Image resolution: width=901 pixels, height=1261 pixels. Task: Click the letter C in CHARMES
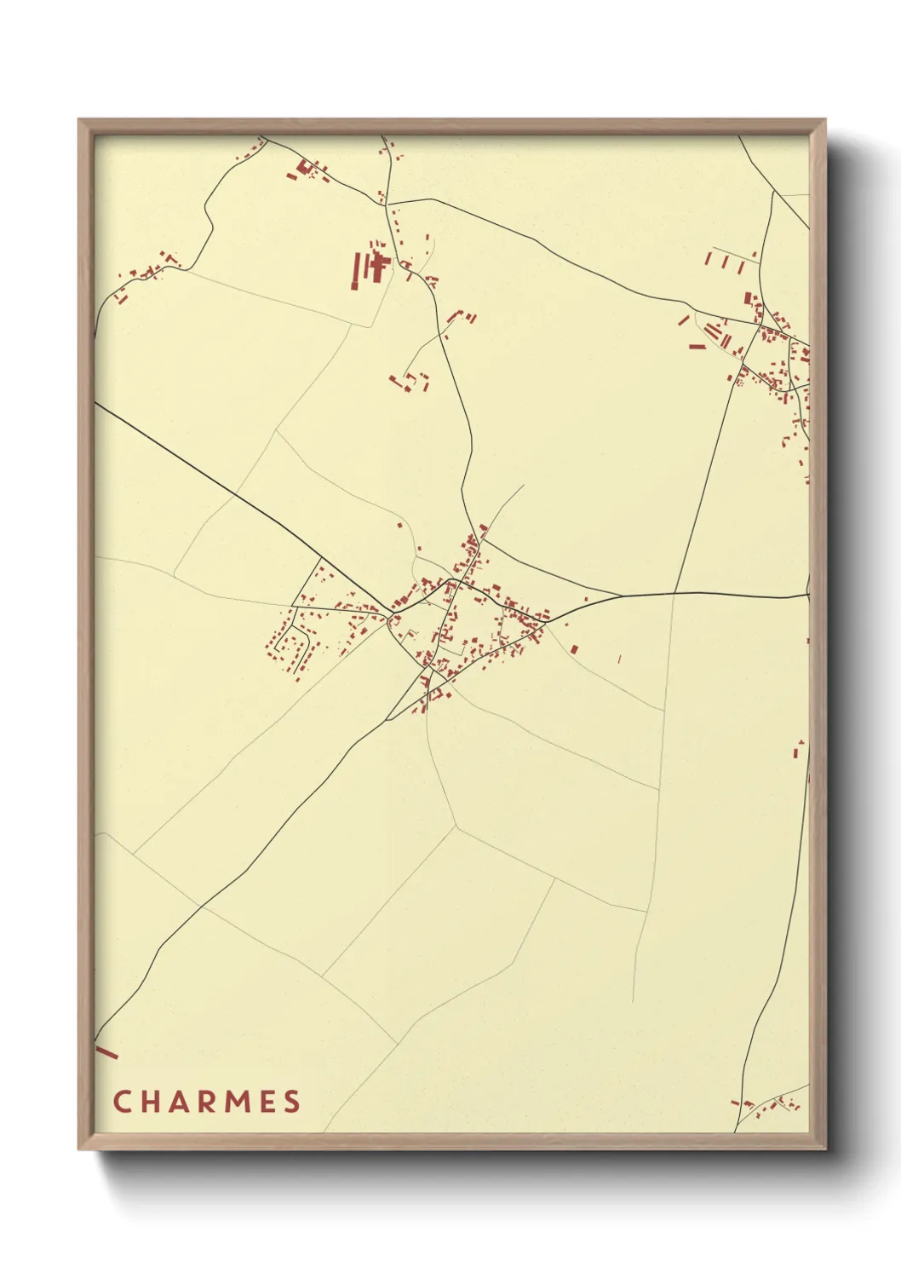(122, 1101)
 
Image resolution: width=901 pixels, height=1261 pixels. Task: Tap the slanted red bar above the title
(106, 1052)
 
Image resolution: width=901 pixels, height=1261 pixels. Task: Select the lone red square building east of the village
(573, 649)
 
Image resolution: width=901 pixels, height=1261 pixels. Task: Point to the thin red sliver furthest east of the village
(619, 658)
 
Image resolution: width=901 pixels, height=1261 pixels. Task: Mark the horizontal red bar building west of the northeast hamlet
(697, 347)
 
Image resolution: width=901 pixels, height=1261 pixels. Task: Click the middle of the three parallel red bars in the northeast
(726, 262)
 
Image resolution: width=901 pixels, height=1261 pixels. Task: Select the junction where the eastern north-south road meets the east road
(675, 592)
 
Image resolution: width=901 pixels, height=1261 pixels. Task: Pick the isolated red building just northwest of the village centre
(400, 526)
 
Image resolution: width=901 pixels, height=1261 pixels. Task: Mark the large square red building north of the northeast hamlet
(749, 298)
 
